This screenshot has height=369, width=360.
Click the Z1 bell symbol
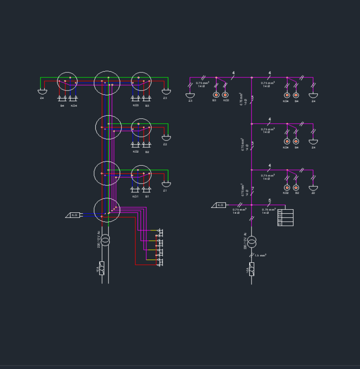(x=166, y=184)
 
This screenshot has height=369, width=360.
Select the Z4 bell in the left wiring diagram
(x=42, y=92)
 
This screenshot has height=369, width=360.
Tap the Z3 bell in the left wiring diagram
(x=165, y=92)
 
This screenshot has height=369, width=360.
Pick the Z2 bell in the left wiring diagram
(x=166, y=138)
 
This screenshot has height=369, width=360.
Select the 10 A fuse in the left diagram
(x=102, y=268)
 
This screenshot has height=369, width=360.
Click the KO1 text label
(x=135, y=197)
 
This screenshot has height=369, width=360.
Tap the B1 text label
(x=147, y=197)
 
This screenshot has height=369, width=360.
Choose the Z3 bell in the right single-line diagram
(x=190, y=95)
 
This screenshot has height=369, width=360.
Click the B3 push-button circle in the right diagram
(x=216, y=95)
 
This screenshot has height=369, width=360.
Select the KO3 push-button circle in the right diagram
(x=225, y=95)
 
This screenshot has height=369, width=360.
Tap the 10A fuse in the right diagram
(x=252, y=269)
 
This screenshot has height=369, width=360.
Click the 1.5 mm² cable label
(x=261, y=255)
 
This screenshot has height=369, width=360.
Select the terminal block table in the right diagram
(x=285, y=217)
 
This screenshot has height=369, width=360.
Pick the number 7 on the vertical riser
(x=253, y=189)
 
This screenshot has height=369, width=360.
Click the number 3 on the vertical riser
(x=252, y=144)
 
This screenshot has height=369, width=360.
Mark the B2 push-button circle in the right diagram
(x=296, y=188)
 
